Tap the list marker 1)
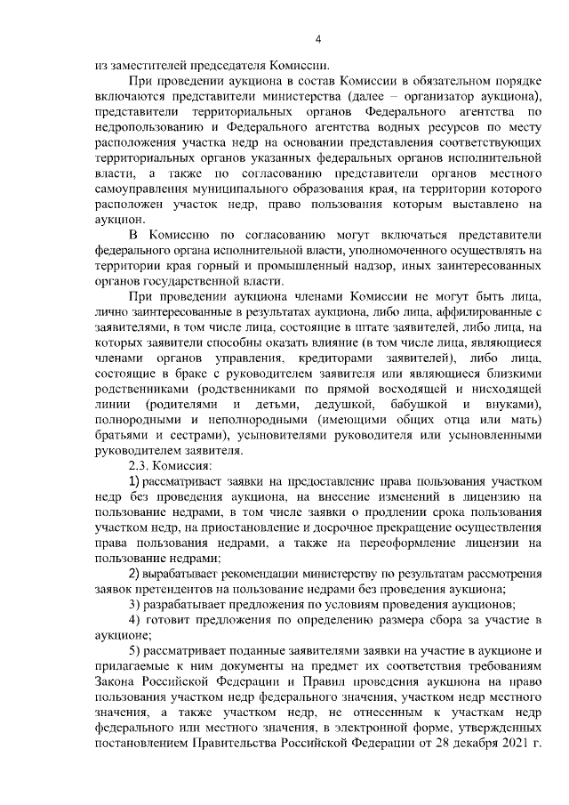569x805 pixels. click(x=137, y=481)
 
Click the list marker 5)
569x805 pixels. click(x=137, y=651)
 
